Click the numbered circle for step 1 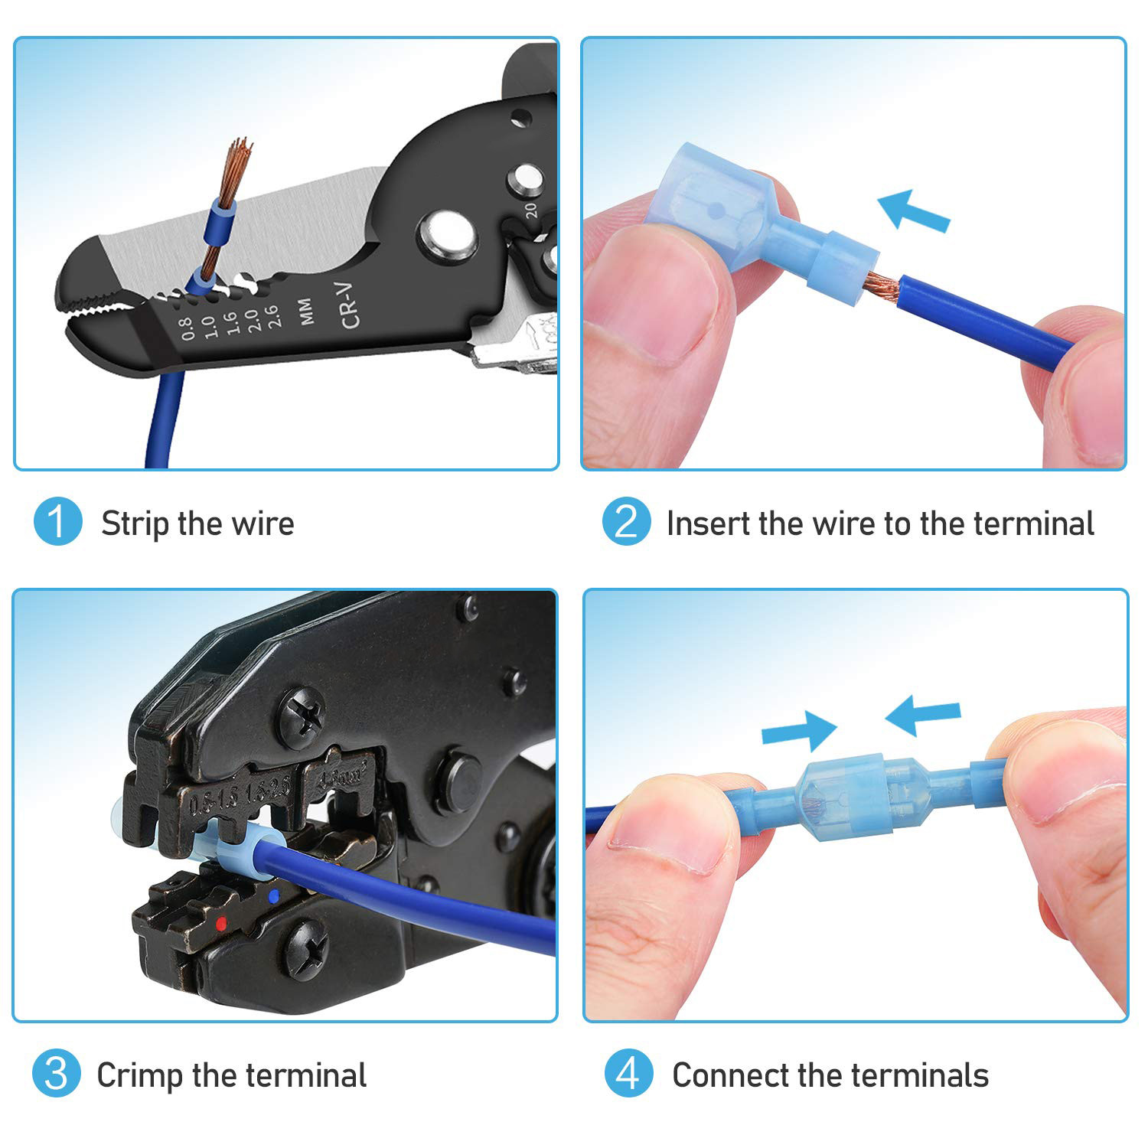coord(57,523)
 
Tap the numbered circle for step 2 coord(626,523)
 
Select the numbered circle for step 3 coord(57,1074)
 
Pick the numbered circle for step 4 coord(628,1074)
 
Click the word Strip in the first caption coord(134,524)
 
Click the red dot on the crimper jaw coord(221,922)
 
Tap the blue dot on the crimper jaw coord(273,893)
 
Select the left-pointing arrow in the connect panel coord(921,715)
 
